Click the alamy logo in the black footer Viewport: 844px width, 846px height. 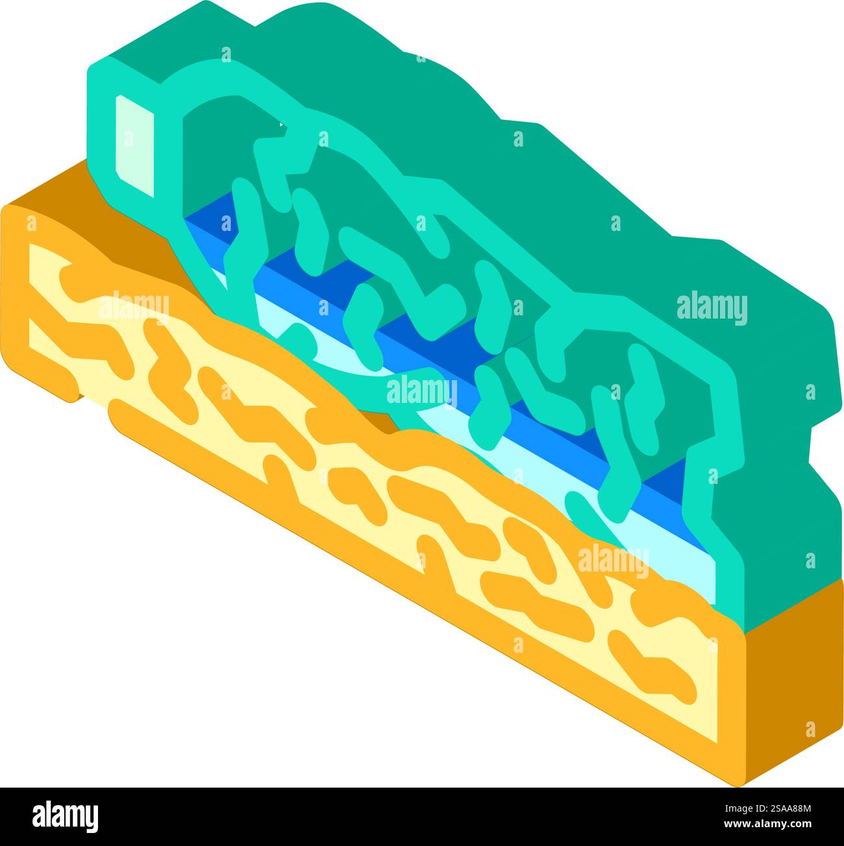click(66, 816)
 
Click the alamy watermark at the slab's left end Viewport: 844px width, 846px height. click(133, 306)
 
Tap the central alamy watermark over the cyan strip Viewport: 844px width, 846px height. click(421, 391)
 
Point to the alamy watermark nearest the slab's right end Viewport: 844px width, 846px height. click(613, 561)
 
